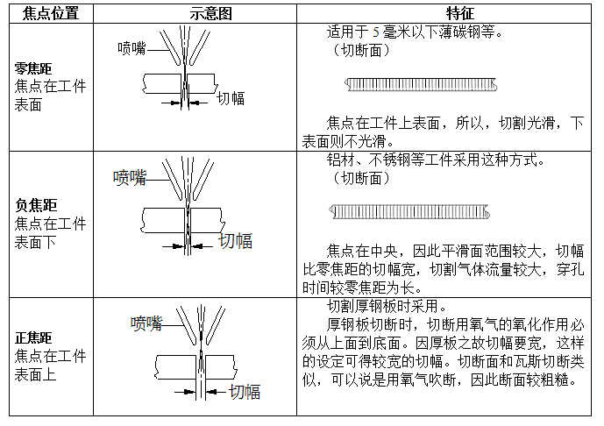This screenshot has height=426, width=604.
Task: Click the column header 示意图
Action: (x=195, y=13)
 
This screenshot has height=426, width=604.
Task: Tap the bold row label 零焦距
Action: (x=33, y=68)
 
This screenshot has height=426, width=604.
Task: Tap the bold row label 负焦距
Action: (x=33, y=204)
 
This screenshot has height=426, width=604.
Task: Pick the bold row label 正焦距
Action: (x=33, y=337)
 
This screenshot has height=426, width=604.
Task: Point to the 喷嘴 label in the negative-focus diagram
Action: (x=130, y=178)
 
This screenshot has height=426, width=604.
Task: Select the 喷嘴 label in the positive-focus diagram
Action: (x=146, y=323)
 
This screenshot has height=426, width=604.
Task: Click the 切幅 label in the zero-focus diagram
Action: (x=231, y=98)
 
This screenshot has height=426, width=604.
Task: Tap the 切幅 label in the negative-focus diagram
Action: (x=234, y=240)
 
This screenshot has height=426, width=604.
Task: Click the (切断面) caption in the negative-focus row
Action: (x=357, y=178)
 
